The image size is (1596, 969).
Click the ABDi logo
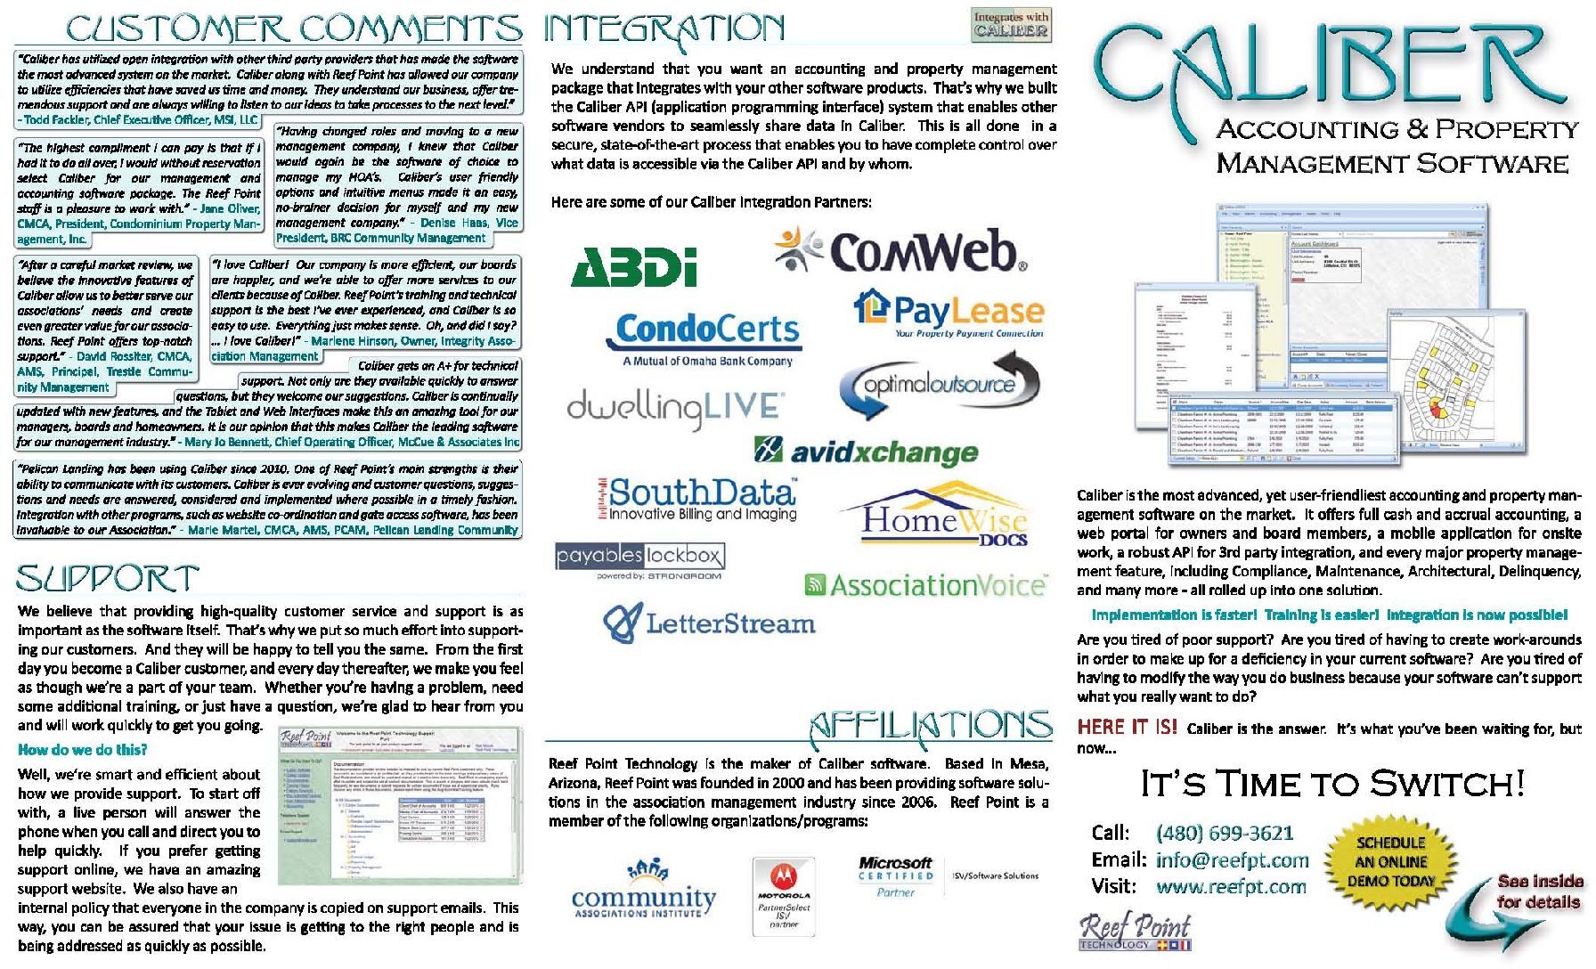click(x=633, y=266)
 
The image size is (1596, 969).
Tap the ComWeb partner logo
click(x=901, y=250)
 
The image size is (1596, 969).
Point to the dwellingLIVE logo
click(x=675, y=408)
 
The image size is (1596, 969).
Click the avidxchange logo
click(x=866, y=452)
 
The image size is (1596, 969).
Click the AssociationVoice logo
click(x=924, y=585)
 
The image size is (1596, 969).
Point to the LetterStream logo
click(x=709, y=623)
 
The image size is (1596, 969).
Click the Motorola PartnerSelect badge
click(x=784, y=894)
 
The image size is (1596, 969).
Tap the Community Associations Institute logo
click(x=643, y=892)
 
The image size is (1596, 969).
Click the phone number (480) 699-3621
click(x=1224, y=833)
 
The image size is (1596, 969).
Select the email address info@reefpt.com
click(x=1232, y=860)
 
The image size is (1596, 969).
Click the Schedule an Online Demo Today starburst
click(x=1390, y=861)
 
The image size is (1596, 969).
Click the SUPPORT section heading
click(x=107, y=579)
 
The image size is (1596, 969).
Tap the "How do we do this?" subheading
click(x=83, y=750)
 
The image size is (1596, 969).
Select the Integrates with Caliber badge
click(x=1011, y=25)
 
